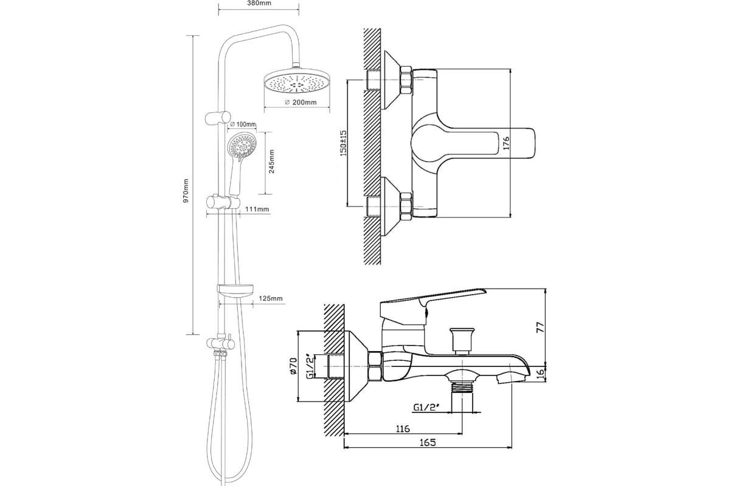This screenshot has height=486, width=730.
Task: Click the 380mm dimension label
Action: [x=259, y=3]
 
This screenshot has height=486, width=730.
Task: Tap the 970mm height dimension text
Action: [x=186, y=191]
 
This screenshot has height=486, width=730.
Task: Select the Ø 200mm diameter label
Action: [x=301, y=102]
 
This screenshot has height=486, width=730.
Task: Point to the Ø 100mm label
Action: [x=243, y=125]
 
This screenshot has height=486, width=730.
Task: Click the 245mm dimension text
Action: [x=271, y=162]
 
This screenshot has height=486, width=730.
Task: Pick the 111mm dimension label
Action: [x=257, y=209]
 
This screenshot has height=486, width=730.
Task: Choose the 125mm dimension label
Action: [x=271, y=298]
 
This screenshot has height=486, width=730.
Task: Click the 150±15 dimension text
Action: [x=344, y=143]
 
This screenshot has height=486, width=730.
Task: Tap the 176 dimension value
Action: [x=506, y=143]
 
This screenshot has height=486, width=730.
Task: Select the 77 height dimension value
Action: [x=540, y=327]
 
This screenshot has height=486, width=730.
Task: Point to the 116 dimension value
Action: [x=403, y=429]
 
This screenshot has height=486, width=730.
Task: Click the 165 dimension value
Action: [x=428, y=443]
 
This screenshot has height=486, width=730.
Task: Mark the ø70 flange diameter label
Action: [x=293, y=366]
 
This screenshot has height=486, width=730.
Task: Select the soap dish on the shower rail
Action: [x=235, y=291]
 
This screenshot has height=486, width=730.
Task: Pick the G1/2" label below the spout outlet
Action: [x=426, y=408]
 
